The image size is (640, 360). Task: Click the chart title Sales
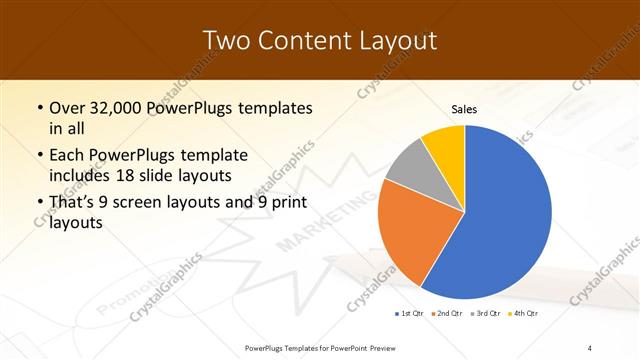[x=464, y=109]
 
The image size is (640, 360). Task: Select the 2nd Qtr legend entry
[x=446, y=314]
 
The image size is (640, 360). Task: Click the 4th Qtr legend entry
[x=523, y=314]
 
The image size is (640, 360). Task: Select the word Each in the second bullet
[x=68, y=156]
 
